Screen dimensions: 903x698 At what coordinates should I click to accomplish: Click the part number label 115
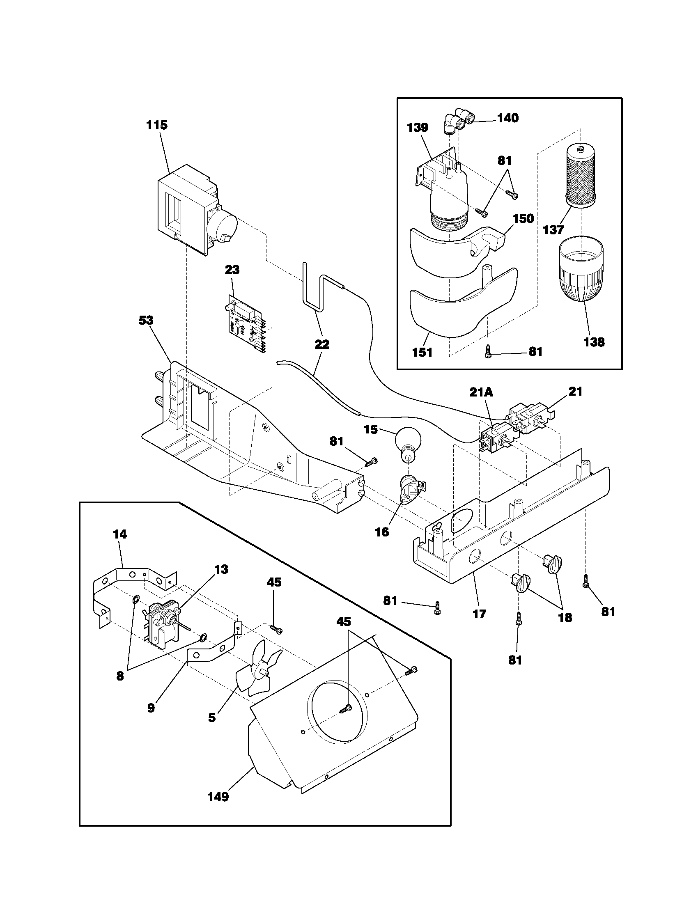pos(157,125)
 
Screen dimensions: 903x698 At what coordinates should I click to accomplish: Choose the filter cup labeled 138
pos(581,272)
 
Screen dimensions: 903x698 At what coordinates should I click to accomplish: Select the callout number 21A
pos(481,392)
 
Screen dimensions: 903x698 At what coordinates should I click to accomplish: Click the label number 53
pos(146,320)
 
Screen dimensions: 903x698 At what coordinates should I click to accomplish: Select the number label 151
pos(422,352)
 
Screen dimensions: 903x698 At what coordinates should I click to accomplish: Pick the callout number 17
pos(479,614)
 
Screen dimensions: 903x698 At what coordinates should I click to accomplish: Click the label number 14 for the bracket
pos(120,534)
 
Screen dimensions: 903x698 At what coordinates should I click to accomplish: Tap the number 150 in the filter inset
pos(523,218)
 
